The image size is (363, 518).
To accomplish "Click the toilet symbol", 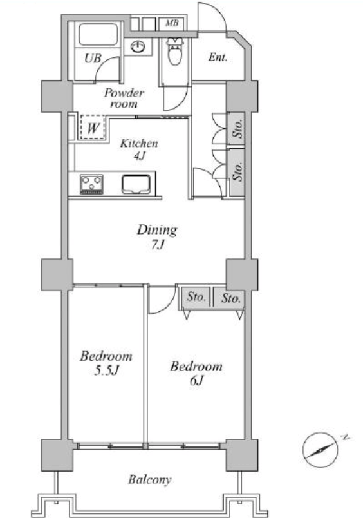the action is [x=174, y=50].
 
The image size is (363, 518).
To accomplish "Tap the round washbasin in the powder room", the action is [x=138, y=46].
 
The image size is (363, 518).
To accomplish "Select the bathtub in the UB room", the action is [x=98, y=34].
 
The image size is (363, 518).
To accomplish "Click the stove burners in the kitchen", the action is [x=91, y=184].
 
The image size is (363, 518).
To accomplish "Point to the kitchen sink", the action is [x=136, y=184].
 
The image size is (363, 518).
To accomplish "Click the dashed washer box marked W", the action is [x=92, y=127].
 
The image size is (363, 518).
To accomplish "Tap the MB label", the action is [x=172, y=23].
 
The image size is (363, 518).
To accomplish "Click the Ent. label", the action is [x=218, y=57].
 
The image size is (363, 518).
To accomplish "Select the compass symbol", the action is [x=320, y=450].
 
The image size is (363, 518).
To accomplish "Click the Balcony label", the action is [x=150, y=479].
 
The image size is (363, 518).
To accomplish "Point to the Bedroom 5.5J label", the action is [x=106, y=363].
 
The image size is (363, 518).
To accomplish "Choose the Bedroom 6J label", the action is [x=196, y=373].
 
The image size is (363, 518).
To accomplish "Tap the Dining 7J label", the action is [x=157, y=237].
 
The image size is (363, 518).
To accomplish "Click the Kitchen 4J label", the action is [x=139, y=149].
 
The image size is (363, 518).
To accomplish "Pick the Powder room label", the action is [x=124, y=98].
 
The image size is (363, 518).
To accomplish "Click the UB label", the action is [x=93, y=59].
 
